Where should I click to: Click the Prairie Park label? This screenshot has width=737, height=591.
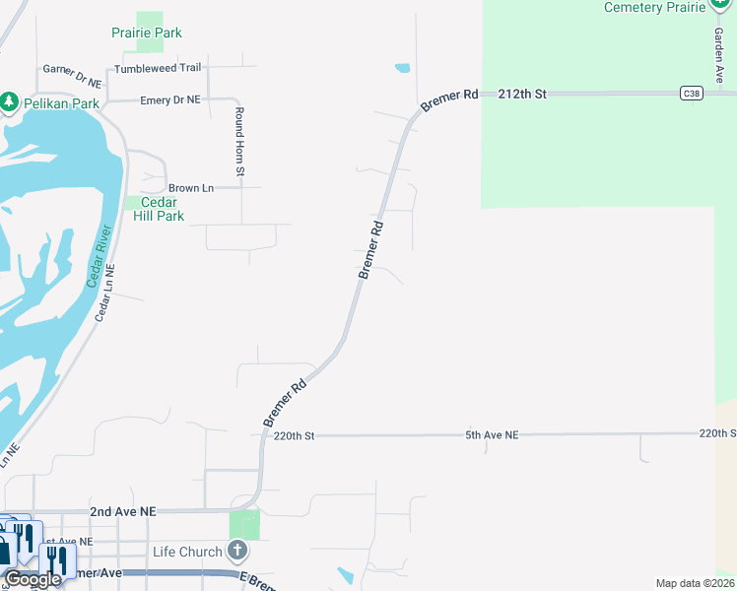tap(146, 33)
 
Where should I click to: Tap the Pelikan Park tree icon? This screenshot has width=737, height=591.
tap(10, 101)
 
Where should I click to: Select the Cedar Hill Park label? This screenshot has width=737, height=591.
tap(159, 209)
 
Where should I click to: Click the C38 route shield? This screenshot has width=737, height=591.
tap(691, 94)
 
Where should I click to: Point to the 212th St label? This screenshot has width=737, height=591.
tap(522, 94)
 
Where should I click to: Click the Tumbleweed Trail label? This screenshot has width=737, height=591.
tap(158, 68)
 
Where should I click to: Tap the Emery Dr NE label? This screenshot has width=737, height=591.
tap(170, 99)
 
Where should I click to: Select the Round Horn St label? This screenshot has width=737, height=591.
tap(238, 143)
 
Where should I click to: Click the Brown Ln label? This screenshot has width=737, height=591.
tap(191, 187)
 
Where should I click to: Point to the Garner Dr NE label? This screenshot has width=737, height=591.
tap(72, 76)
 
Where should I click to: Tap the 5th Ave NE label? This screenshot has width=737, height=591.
tap(492, 434)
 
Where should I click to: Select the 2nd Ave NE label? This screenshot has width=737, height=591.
tap(122, 512)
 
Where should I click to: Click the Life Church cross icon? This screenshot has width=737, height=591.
tap(237, 550)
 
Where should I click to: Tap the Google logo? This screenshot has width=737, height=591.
tap(33, 579)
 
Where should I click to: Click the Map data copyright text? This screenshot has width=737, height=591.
tap(696, 583)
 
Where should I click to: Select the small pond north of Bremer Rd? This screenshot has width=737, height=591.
tap(402, 69)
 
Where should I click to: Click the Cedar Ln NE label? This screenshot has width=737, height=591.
tap(105, 294)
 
